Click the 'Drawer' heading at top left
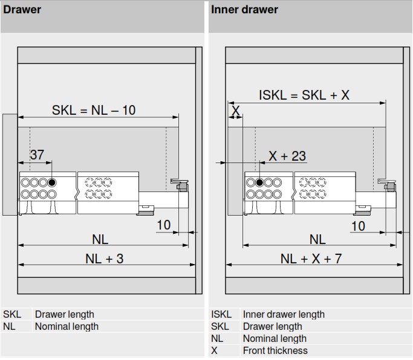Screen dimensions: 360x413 22,10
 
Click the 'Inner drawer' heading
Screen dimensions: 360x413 244,10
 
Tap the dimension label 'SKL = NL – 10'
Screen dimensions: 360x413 94,110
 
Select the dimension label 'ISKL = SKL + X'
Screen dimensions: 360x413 304,95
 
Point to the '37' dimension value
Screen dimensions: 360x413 37,155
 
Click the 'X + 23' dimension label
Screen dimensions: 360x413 287,156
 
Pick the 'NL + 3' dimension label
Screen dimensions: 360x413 104,259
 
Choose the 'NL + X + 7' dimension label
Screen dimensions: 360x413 311,259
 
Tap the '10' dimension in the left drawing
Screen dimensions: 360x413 163,225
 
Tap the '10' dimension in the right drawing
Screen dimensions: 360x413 358,225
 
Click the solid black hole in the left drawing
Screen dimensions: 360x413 53,182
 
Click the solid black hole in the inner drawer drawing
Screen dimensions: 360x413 259,182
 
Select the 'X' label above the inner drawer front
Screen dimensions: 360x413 235,111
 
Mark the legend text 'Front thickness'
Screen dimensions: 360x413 275,350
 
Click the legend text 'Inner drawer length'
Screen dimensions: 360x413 284,314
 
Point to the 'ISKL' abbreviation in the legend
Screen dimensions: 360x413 221,314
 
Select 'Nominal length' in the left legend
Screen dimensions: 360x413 67,326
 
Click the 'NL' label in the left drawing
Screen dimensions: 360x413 100,239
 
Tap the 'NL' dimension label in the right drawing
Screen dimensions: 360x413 317,239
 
